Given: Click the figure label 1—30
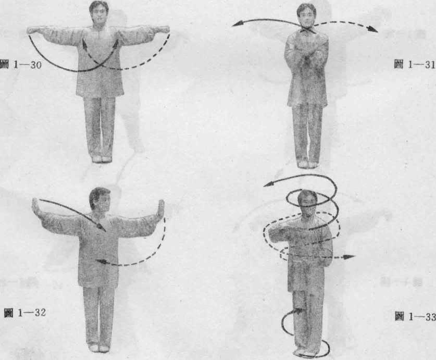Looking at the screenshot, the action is click(x=21, y=65).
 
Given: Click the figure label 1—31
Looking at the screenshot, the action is click(x=415, y=65).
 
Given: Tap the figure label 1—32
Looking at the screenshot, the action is click(x=25, y=313).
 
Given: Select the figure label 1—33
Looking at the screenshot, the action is click(x=415, y=317).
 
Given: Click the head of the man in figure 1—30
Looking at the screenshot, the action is click(x=99, y=11).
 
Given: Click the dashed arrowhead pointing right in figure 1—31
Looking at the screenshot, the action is click(x=372, y=29).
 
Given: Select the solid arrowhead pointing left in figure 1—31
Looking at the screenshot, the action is click(x=237, y=24).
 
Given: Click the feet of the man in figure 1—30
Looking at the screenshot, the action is click(x=99, y=159).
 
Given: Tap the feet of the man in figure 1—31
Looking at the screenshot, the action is click(x=307, y=165).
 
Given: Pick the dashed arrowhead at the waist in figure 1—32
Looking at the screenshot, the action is click(x=101, y=261).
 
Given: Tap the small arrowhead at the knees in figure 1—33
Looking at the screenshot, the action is click(x=299, y=311).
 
